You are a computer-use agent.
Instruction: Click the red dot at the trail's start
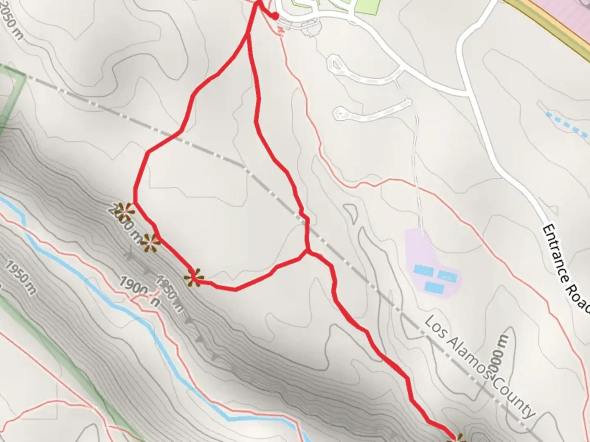click(x=276, y=16)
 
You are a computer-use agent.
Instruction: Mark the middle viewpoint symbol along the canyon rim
click(x=150, y=243)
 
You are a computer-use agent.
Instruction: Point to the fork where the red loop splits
click(x=248, y=36)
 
